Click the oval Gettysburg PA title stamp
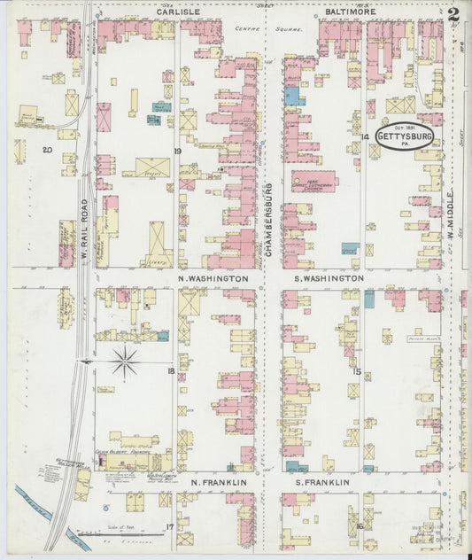pyautogui.click(x=404, y=136)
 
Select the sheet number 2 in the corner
pyautogui.click(x=453, y=13)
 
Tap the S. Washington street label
pyautogui.click(x=328, y=278)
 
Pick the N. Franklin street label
pyautogui.click(x=217, y=482)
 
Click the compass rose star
pyautogui.click(x=125, y=360)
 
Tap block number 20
pyautogui.click(x=47, y=151)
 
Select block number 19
pyautogui.click(x=177, y=151)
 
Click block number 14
pyautogui.click(x=364, y=136)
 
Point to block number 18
pyautogui.click(x=170, y=371)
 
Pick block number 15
pyautogui.click(x=357, y=371)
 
